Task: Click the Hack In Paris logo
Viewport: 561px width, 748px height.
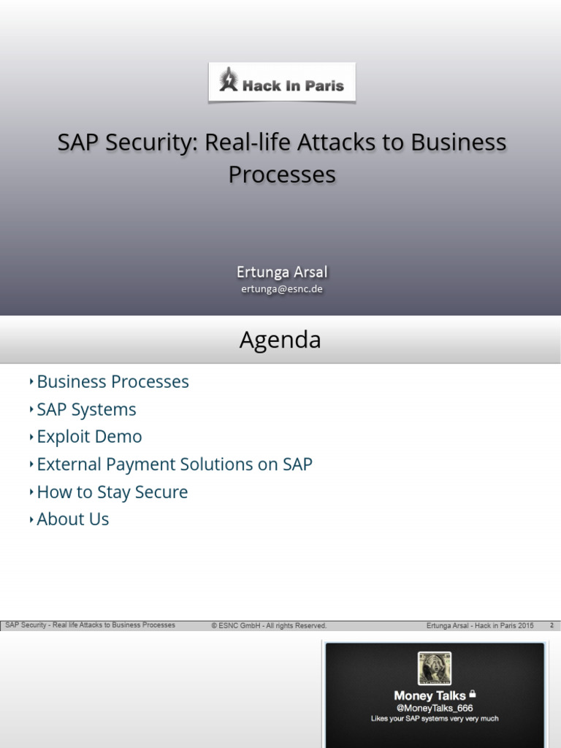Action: point(282,81)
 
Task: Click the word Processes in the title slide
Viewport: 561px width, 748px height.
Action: point(282,175)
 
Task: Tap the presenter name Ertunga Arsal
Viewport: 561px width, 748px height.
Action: point(282,272)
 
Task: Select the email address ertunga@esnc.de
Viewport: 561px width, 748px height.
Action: point(282,289)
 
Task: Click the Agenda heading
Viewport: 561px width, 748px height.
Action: point(280,340)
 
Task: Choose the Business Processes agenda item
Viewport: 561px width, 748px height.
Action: point(112,382)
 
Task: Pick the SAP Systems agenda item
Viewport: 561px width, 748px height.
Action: point(86,410)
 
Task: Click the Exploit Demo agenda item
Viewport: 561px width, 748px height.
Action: point(89,437)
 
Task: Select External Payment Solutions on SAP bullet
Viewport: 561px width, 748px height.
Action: point(175,465)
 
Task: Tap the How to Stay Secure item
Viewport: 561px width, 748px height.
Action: point(112,492)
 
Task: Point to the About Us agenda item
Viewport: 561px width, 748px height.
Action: point(72,519)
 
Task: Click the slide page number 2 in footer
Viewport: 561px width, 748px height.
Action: point(552,625)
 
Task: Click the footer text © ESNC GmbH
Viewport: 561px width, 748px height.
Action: point(269,626)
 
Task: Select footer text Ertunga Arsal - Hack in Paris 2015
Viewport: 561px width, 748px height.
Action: point(480,626)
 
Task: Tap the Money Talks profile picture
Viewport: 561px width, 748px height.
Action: point(434,668)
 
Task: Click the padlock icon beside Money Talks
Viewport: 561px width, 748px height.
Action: point(473,694)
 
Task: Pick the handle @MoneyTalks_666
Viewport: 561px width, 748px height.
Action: point(434,708)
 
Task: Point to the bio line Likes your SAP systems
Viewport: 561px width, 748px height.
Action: point(434,719)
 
